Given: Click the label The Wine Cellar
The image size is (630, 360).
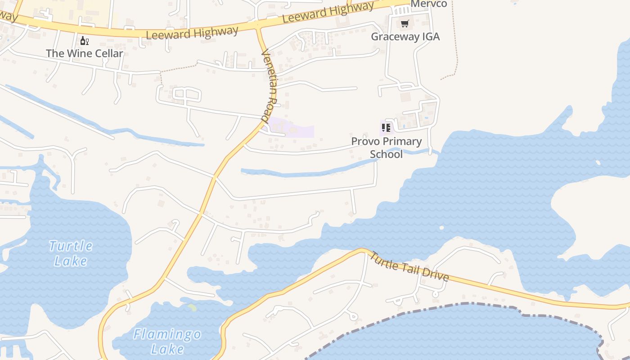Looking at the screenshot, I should (x=85, y=54).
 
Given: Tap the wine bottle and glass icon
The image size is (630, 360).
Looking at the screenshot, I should (x=84, y=41).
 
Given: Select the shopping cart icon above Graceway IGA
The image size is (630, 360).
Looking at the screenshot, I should (x=405, y=23).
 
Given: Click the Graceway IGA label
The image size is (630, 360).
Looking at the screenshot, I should (x=405, y=36).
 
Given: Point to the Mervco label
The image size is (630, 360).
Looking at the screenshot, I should (x=429, y=4).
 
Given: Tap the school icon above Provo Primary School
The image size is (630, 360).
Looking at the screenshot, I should (x=386, y=128).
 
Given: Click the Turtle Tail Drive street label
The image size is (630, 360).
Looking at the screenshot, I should (x=409, y=267).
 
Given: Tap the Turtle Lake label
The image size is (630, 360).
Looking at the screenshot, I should (x=71, y=253).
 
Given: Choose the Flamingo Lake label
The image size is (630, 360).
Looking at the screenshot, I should (x=167, y=342).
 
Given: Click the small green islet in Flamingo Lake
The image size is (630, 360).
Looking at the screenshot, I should (x=192, y=308).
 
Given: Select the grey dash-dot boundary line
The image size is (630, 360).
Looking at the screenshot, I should (x=450, y=305).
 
